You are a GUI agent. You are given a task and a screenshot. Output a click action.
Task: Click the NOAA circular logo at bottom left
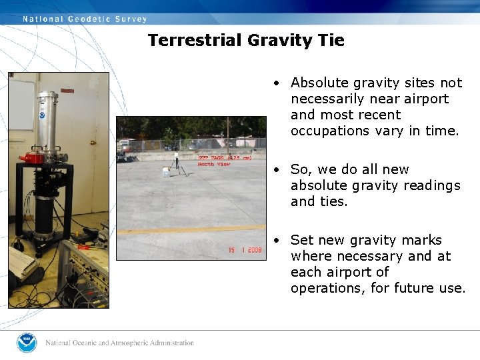pos(27,343)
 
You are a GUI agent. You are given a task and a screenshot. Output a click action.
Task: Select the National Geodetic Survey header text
pos(85,19)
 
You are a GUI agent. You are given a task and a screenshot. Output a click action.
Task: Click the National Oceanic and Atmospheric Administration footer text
pos(120,343)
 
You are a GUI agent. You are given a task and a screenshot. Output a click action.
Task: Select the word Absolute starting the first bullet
pos(320,83)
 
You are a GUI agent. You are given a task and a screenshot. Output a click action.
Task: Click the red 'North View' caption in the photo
pos(215,164)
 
